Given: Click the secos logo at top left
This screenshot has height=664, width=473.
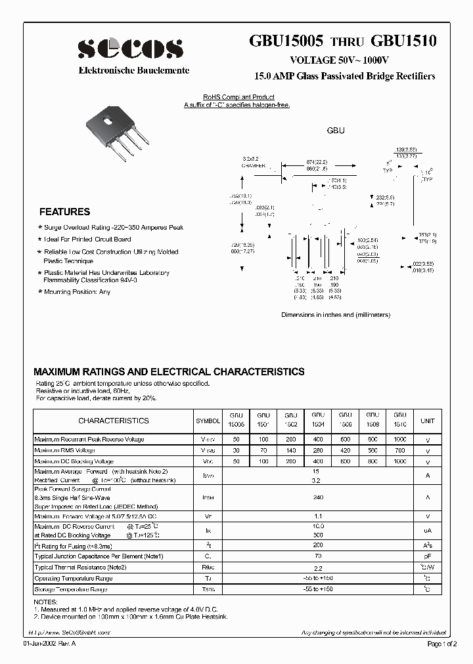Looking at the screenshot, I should click(130, 49).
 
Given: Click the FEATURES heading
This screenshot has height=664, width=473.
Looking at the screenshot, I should click(65, 212).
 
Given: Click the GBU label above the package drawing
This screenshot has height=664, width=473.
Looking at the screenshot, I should click(336, 131).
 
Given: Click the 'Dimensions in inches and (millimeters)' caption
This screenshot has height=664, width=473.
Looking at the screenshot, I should click(336, 315).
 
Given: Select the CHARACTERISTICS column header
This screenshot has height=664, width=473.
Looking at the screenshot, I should click(113, 421).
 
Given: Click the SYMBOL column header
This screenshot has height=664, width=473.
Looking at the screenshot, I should click(209, 421).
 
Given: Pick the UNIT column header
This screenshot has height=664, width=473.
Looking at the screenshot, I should click(428, 421).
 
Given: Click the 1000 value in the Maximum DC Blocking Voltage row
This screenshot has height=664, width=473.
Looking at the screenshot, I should click(399, 462).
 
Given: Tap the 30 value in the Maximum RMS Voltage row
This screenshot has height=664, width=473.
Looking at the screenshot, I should click(236, 451).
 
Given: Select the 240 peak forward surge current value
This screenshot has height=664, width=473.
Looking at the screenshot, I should click(317, 497).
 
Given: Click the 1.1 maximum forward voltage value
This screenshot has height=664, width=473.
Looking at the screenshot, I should click(317, 516).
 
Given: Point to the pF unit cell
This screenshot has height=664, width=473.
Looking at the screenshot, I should click(428, 556).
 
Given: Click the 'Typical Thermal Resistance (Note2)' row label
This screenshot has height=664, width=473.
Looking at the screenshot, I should click(80, 567).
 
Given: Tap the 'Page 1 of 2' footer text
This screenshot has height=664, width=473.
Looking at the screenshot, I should click(443, 644).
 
